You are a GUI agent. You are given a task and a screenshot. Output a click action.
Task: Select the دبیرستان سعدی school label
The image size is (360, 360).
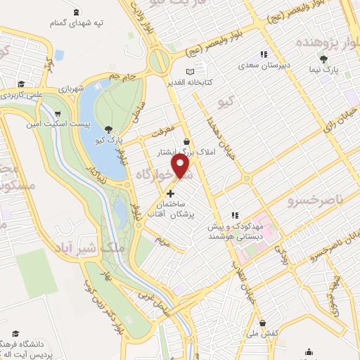[264, 65]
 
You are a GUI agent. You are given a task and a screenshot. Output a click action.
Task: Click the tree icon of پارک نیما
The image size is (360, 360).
[323, 59]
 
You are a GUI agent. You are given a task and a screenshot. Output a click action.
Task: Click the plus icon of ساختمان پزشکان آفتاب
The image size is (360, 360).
[171, 193]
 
